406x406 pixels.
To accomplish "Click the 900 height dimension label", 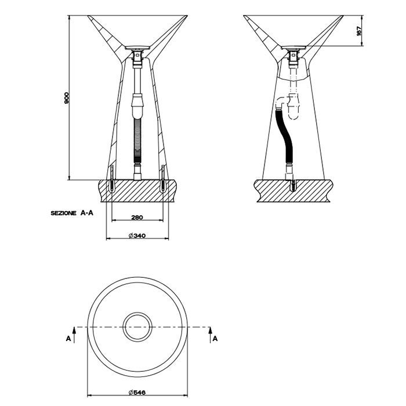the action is click(66, 98).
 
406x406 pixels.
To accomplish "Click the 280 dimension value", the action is click(137, 217).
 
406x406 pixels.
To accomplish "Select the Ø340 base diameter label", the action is click(137, 235).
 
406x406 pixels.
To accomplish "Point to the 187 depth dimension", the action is click(359, 31).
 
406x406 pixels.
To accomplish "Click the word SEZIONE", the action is click(63, 213).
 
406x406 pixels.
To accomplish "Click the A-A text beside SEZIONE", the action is click(87, 213).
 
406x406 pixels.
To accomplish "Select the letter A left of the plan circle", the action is click(68, 339).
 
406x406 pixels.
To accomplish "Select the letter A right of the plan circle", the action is click(215, 339).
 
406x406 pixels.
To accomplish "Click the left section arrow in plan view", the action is click(74, 335).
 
